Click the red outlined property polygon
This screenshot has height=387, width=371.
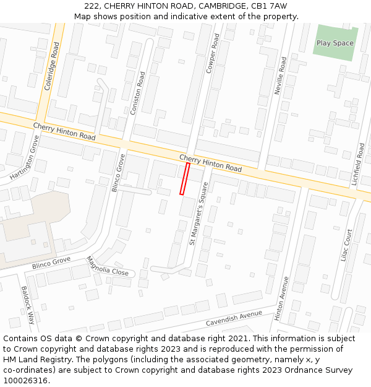click(184, 179)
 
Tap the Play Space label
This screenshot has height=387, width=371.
click(335, 43)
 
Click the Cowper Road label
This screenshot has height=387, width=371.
click(213, 54)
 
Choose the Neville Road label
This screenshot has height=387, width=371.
click(281, 76)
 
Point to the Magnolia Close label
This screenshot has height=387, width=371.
click(107, 267)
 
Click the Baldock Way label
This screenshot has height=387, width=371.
click(28, 305)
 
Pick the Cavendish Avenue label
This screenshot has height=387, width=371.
click(234, 318)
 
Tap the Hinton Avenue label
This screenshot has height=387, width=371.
click(281, 298)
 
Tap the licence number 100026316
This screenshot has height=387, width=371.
click(26, 381)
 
